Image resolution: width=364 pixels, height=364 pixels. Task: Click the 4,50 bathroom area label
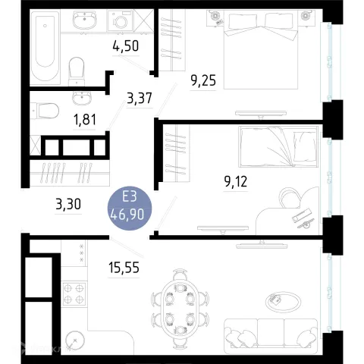pos(126,46)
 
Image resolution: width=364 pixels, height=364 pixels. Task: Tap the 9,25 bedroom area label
pos(203,81)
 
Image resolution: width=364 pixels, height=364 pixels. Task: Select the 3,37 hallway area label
pos(140,98)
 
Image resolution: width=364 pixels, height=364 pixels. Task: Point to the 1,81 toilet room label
pos(85,120)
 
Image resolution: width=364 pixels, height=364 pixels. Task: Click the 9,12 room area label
pos(236,181)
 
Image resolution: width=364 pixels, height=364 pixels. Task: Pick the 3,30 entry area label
pos(68,204)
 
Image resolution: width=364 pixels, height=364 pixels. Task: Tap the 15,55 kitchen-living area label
pos(124,268)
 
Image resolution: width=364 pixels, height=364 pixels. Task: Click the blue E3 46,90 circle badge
pos(130,209)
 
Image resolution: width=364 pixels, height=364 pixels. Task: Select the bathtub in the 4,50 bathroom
pos(45,47)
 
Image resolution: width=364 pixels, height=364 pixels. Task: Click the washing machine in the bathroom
pos(121,20)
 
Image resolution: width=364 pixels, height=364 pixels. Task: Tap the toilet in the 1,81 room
pos(45,111)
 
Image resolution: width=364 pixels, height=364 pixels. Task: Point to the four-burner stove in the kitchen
pos(74,293)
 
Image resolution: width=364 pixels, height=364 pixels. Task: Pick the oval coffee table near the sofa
pos(283,302)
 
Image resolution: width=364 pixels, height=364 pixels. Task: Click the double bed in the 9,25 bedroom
pos(261,50)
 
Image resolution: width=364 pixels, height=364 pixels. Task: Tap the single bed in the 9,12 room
pos(278,146)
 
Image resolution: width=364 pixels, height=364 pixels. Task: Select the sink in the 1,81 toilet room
pos(82,98)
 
